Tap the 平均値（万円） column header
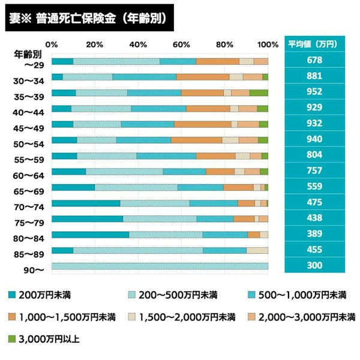click(314, 44)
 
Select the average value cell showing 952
click(314, 92)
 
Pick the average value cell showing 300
click(314, 265)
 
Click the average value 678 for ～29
click(314, 61)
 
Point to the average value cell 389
click(314, 233)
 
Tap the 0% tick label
click(52, 44)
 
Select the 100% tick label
click(267, 44)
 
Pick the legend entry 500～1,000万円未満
click(297, 295)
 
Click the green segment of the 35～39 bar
click(259, 92)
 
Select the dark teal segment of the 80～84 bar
click(90, 234)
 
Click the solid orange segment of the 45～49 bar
click(203, 124)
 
